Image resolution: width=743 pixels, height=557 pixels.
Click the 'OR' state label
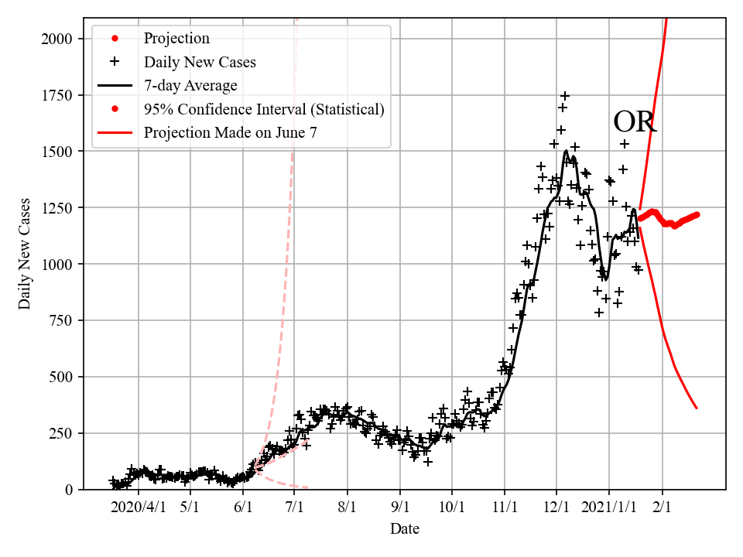click(635, 122)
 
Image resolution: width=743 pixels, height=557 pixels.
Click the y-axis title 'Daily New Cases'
click(26, 254)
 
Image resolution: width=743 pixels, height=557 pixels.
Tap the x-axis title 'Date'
click(405, 529)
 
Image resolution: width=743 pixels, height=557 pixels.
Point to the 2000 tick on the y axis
click(60, 39)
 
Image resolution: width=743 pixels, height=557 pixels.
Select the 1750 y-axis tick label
click(60, 95)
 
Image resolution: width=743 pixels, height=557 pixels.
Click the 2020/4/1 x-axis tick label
click(138, 507)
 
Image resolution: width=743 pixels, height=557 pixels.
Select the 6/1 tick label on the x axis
click(243, 507)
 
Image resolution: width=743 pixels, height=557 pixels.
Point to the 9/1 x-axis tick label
click(400, 507)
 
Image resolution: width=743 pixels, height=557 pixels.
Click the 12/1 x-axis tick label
click(556, 507)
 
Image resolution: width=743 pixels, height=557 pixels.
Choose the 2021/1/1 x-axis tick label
click(609, 507)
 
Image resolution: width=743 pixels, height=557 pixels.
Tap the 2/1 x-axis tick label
click(663, 507)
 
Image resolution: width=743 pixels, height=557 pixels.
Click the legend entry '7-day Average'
click(190, 85)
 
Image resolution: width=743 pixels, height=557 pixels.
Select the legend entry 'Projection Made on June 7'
click(230, 132)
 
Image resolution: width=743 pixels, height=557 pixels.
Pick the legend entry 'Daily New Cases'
click(200, 62)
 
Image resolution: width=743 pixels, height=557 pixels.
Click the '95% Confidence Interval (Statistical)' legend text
click(264, 109)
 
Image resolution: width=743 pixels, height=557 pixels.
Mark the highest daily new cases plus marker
click(565, 96)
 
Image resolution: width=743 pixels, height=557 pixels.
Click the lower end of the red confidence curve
click(697, 408)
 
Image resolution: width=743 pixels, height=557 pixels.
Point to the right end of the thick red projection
click(697, 214)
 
